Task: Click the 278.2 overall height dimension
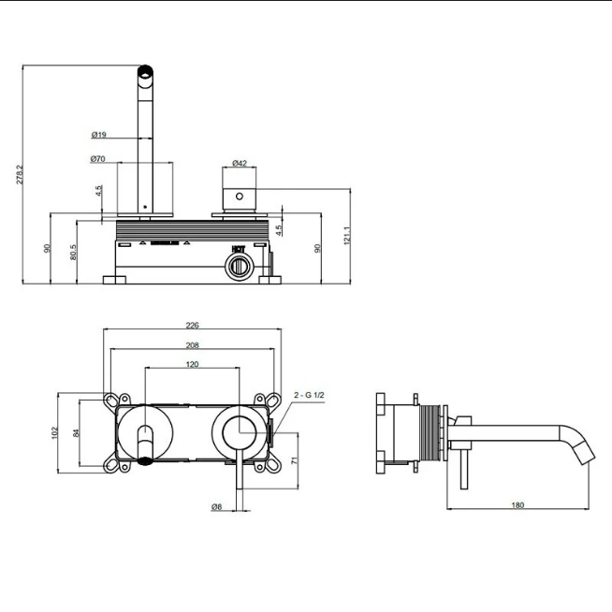(x=20, y=174)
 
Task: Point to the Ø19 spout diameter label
(x=99, y=135)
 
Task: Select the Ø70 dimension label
(x=97, y=159)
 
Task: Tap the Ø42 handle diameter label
(x=240, y=163)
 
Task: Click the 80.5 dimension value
(x=73, y=252)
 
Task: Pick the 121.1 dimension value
(x=347, y=236)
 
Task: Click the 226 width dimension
(x=192, y=325)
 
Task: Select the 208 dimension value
(x=192, y=345)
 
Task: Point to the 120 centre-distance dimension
(x=192, y=364)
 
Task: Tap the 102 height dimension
(x=54, y=433)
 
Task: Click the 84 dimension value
(x=76, y=433)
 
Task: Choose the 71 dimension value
(x=295, y=460)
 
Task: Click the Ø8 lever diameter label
(x=216, y=507)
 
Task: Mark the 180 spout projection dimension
(x=517, y=505)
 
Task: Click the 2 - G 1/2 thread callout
(x=309, y=395)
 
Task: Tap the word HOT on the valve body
(x=238, y=249)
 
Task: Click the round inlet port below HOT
(x=239, y=267)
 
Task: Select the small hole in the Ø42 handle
(x=240, y=197)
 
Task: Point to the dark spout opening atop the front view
(x=145, y=72)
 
